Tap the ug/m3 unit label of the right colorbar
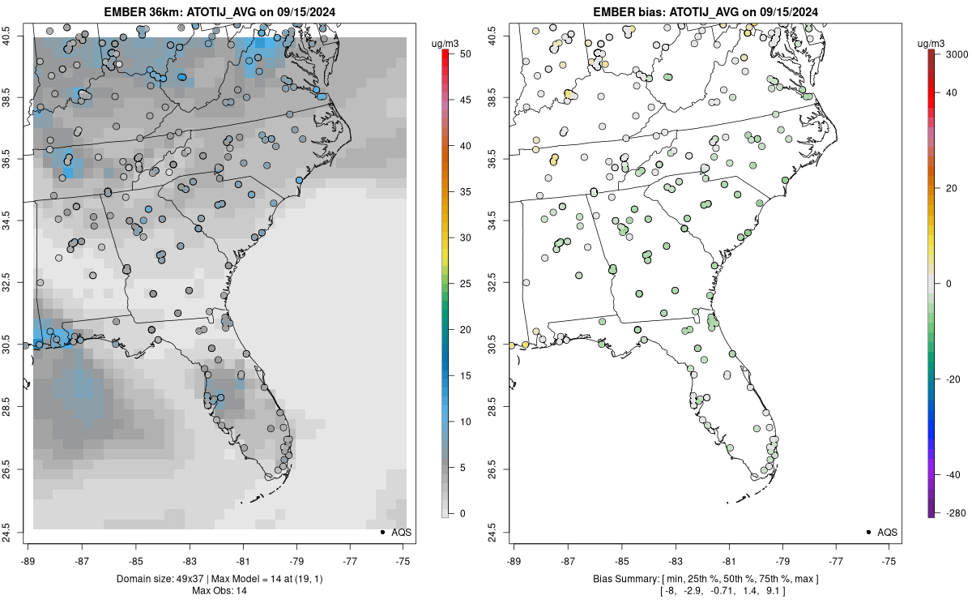click(935, 41)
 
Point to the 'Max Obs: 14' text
click(220, 590)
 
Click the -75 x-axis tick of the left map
click(403, 559)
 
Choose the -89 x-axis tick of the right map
click(514, 559)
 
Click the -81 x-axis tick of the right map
click(728, 559)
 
